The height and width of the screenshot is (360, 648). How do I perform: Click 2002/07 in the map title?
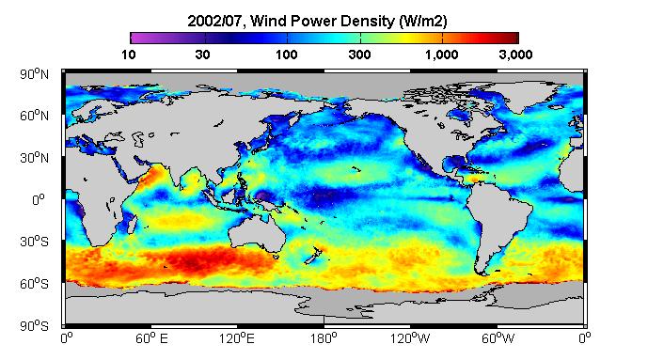pos(214,21)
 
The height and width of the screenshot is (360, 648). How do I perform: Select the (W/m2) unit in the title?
pos(423,21)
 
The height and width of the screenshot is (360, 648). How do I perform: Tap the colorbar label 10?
pos(129,55)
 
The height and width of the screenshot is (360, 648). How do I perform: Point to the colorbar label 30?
pos(202,55)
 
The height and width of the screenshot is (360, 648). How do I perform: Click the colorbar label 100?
pos(287,55)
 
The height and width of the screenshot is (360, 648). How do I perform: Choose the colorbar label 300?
pos(359,55)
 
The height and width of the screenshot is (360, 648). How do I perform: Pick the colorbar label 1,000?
pos(441,55)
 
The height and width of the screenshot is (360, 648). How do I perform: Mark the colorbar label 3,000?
pos(515,55)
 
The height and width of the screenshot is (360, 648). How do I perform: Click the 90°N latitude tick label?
pos(34,74)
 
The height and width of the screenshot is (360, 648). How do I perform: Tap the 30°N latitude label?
pos(34,158)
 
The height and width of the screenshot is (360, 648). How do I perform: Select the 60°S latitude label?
pos(34,284)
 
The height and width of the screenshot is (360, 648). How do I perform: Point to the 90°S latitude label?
pos(34,326)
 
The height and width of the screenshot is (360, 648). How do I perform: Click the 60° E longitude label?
pos(151,339)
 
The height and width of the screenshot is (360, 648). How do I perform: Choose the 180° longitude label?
pos(324,339)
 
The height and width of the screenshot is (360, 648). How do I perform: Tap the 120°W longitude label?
pos(410,339)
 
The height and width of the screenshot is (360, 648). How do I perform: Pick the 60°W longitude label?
pos(498,339)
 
